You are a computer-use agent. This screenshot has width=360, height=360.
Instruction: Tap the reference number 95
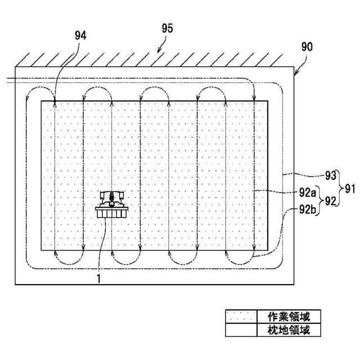pyautogui.click(x=167, y=28)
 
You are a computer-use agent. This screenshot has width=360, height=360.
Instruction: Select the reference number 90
pyautogui.click(x=307, y=46)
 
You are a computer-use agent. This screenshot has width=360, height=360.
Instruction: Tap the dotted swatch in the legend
pyautogui.click(x=241, y=317)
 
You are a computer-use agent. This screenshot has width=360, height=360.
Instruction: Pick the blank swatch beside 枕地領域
pyautogui.click(x=241, y=330)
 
